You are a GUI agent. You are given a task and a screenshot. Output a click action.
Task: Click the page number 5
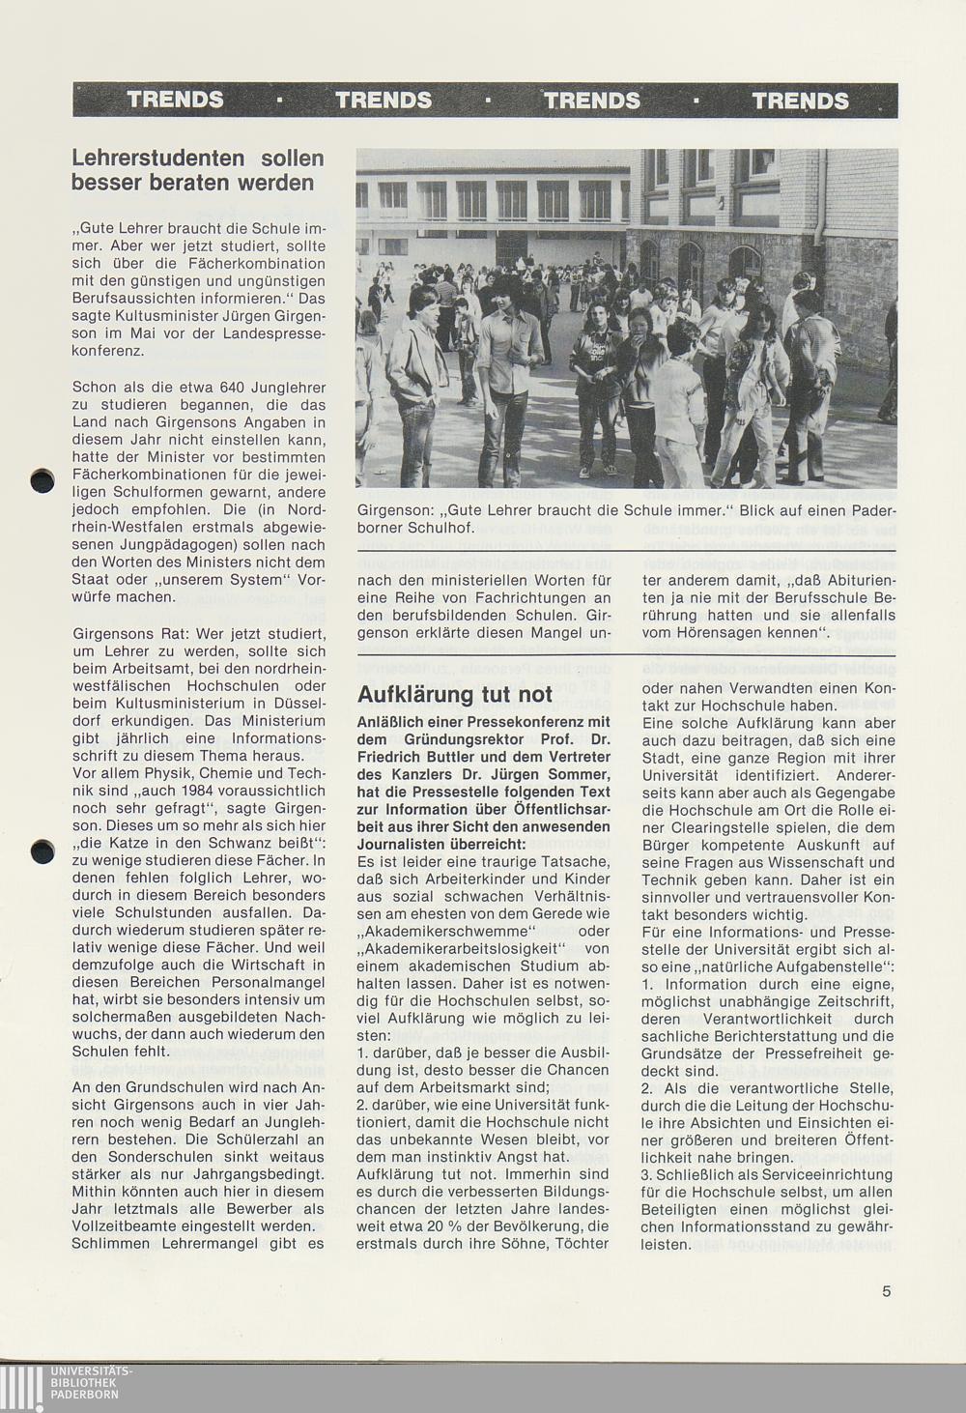886,1290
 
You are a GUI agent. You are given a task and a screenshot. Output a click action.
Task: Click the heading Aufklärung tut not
455,694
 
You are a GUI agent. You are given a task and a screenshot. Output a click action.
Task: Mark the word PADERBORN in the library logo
85,1395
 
